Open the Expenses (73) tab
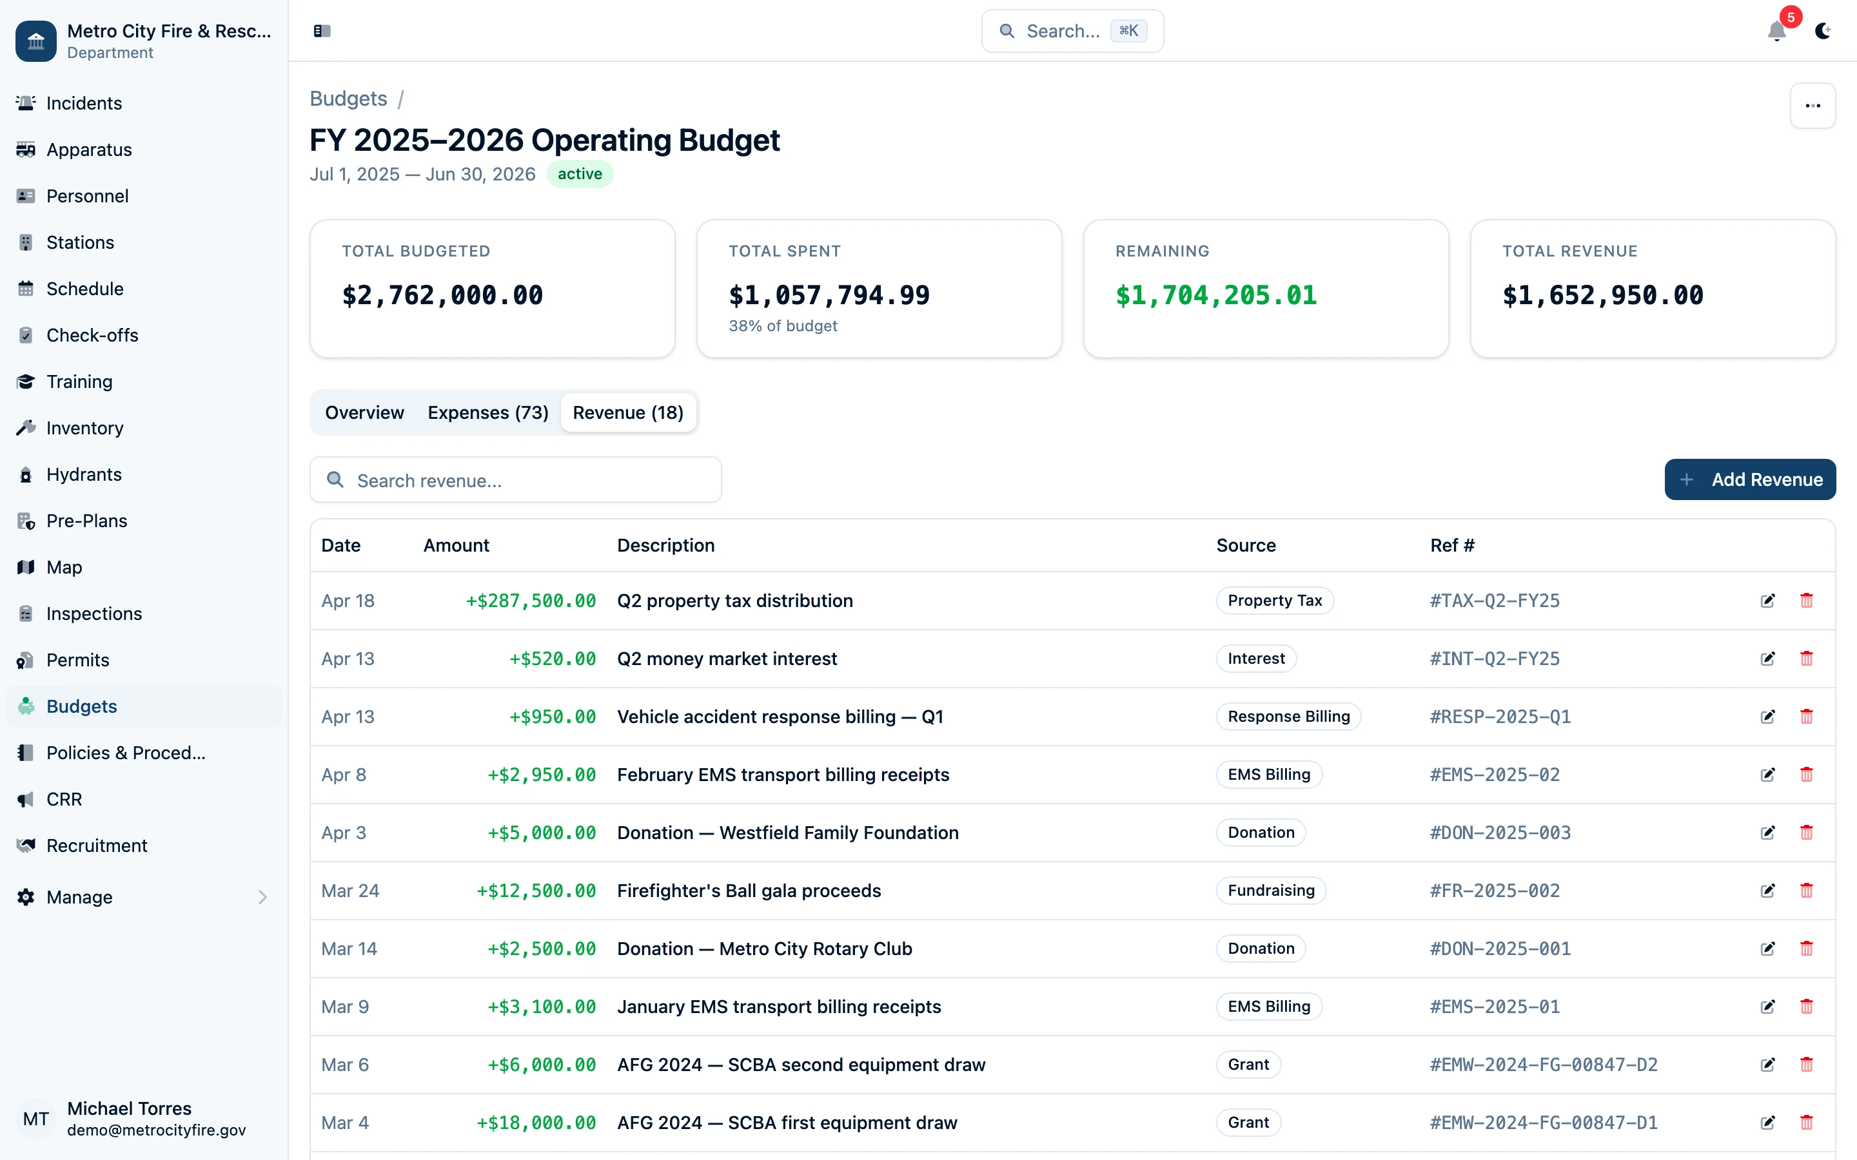(488, 412)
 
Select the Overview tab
(364, 412)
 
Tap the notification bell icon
(1776, 31)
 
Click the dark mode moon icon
(1822, 31)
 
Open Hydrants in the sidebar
(84, 474)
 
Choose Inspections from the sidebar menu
(93, 614)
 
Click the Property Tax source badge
(1275, 601)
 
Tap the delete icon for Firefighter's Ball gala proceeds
(1806, 891)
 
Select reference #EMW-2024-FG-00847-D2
(1543, 1065)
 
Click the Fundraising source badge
(1271, 891)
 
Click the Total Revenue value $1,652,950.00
(1602, 295)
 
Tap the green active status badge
(580, 174)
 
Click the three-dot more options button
(1813, 106)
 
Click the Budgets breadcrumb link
(348, 99)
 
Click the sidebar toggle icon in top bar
(322, 31)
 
